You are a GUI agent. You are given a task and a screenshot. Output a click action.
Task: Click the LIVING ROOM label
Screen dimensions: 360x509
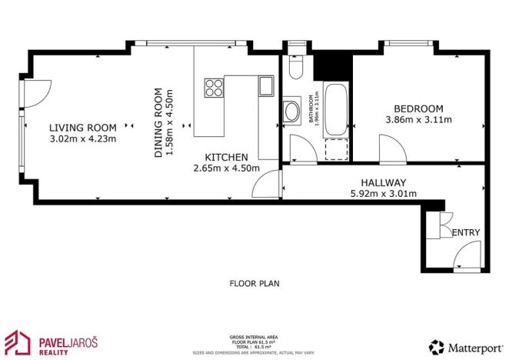[83, 128]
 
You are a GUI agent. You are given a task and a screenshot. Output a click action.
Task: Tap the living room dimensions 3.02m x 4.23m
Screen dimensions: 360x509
[83, 138]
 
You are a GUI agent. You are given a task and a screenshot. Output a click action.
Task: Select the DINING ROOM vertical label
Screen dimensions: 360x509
[159, 124]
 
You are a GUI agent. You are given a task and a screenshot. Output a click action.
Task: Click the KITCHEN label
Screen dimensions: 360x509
[226, 156]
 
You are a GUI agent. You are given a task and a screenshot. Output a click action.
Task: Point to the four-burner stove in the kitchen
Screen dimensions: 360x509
[213, 88]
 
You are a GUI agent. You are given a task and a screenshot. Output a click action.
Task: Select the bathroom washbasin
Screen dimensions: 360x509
[292, 114]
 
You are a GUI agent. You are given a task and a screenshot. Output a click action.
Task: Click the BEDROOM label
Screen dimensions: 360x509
[418, 108]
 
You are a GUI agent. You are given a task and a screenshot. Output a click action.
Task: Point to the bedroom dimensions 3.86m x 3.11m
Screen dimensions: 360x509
[418, 120]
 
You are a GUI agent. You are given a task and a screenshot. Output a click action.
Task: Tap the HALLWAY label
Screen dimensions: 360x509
[382, 183]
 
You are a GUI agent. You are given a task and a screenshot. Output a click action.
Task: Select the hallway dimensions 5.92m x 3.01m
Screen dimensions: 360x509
[382, 194]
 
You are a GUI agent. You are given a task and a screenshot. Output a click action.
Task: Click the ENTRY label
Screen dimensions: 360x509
[467, 233]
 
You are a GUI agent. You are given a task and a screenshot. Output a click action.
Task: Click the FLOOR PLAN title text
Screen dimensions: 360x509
[254, 283]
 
